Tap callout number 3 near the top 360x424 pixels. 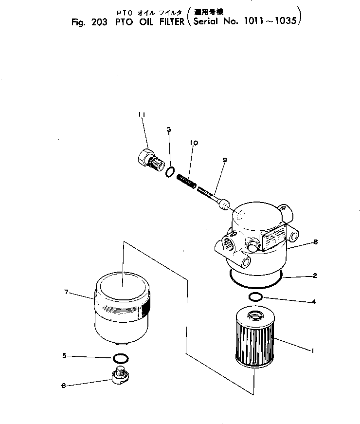168,129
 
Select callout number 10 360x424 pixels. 194,143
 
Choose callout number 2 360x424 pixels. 315,276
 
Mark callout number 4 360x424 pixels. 314,302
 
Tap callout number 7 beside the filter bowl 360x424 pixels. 66,292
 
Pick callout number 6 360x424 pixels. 63,386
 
